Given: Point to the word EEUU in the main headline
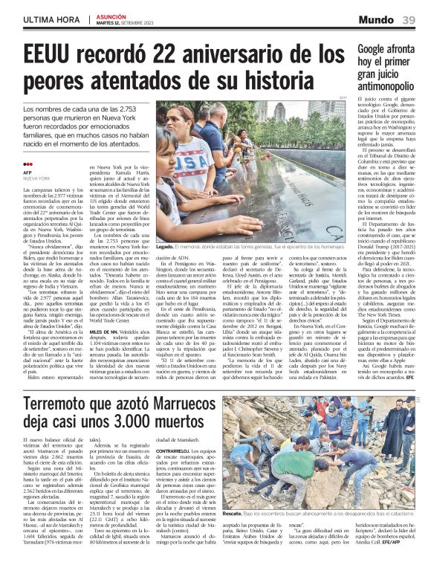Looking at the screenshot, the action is pyautogui.click(x=47, y=55).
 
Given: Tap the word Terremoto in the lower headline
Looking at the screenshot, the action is pyautogui.click(x=63, y=404).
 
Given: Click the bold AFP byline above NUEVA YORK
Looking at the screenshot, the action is pyautogui.click(x=27, y=173).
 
